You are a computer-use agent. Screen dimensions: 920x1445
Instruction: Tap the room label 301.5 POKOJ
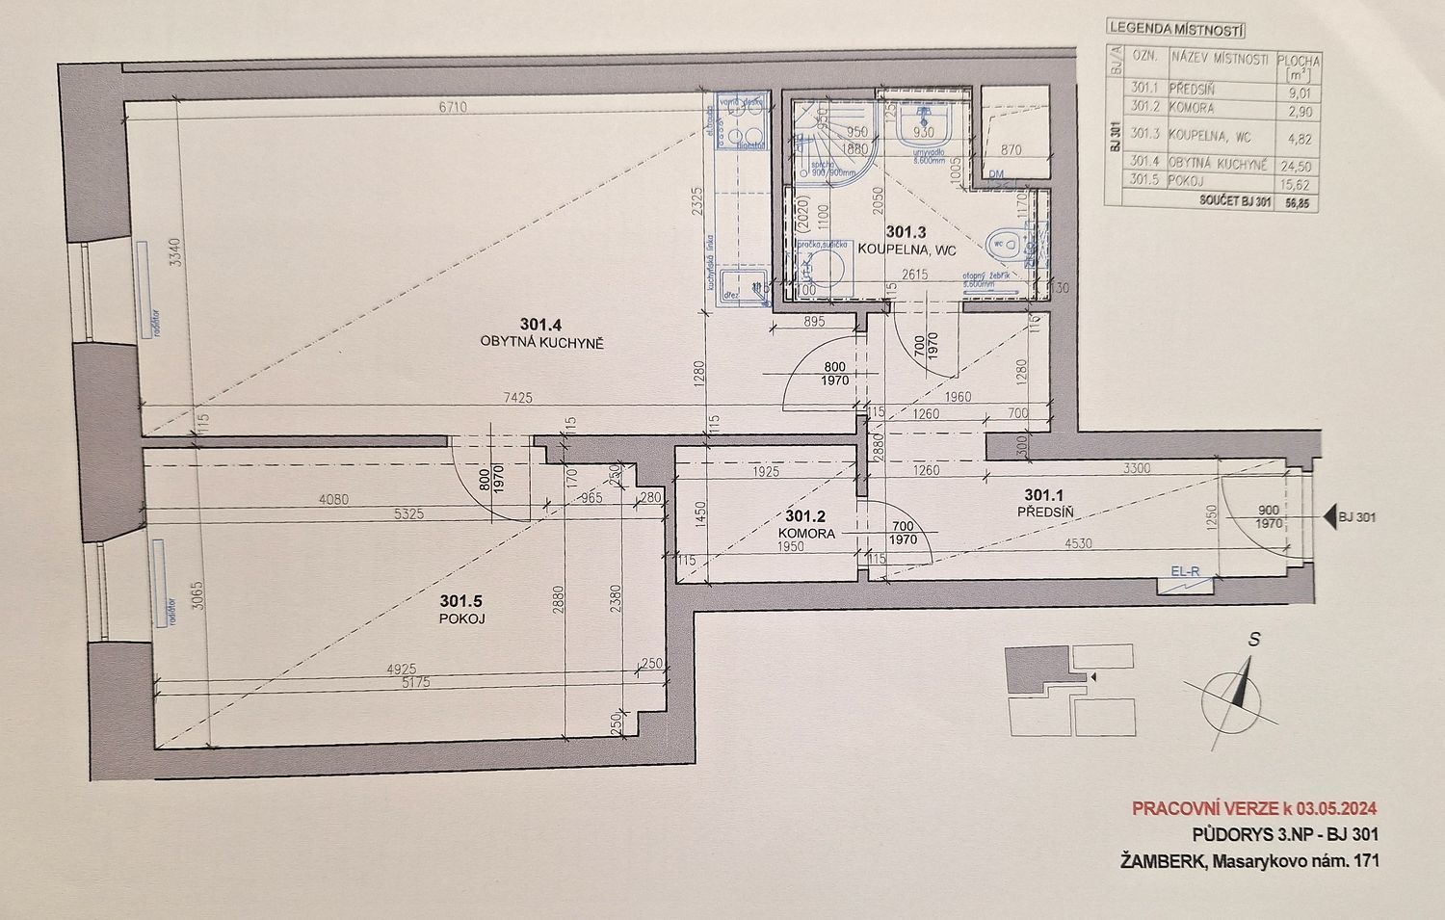(457, 611)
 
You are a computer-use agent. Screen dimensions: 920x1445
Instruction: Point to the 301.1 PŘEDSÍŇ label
(1044, 504)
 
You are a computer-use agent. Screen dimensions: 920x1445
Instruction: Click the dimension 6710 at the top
(453, 108)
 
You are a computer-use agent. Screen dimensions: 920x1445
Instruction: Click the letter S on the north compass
(1254, 639)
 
